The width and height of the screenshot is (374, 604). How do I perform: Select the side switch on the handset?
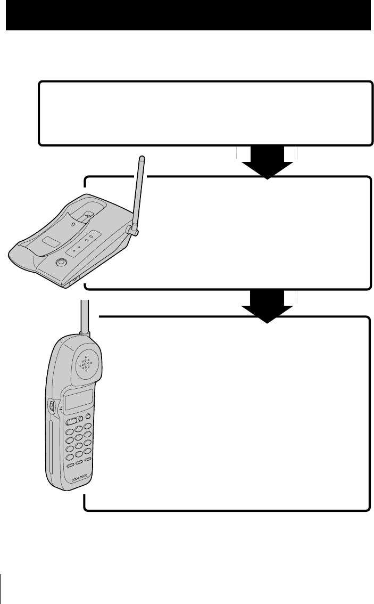(52, 405)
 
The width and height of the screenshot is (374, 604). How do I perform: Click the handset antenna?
(84, 316)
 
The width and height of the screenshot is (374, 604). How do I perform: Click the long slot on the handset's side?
(48, 447)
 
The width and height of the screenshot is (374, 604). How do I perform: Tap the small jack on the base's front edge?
(73, 280)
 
